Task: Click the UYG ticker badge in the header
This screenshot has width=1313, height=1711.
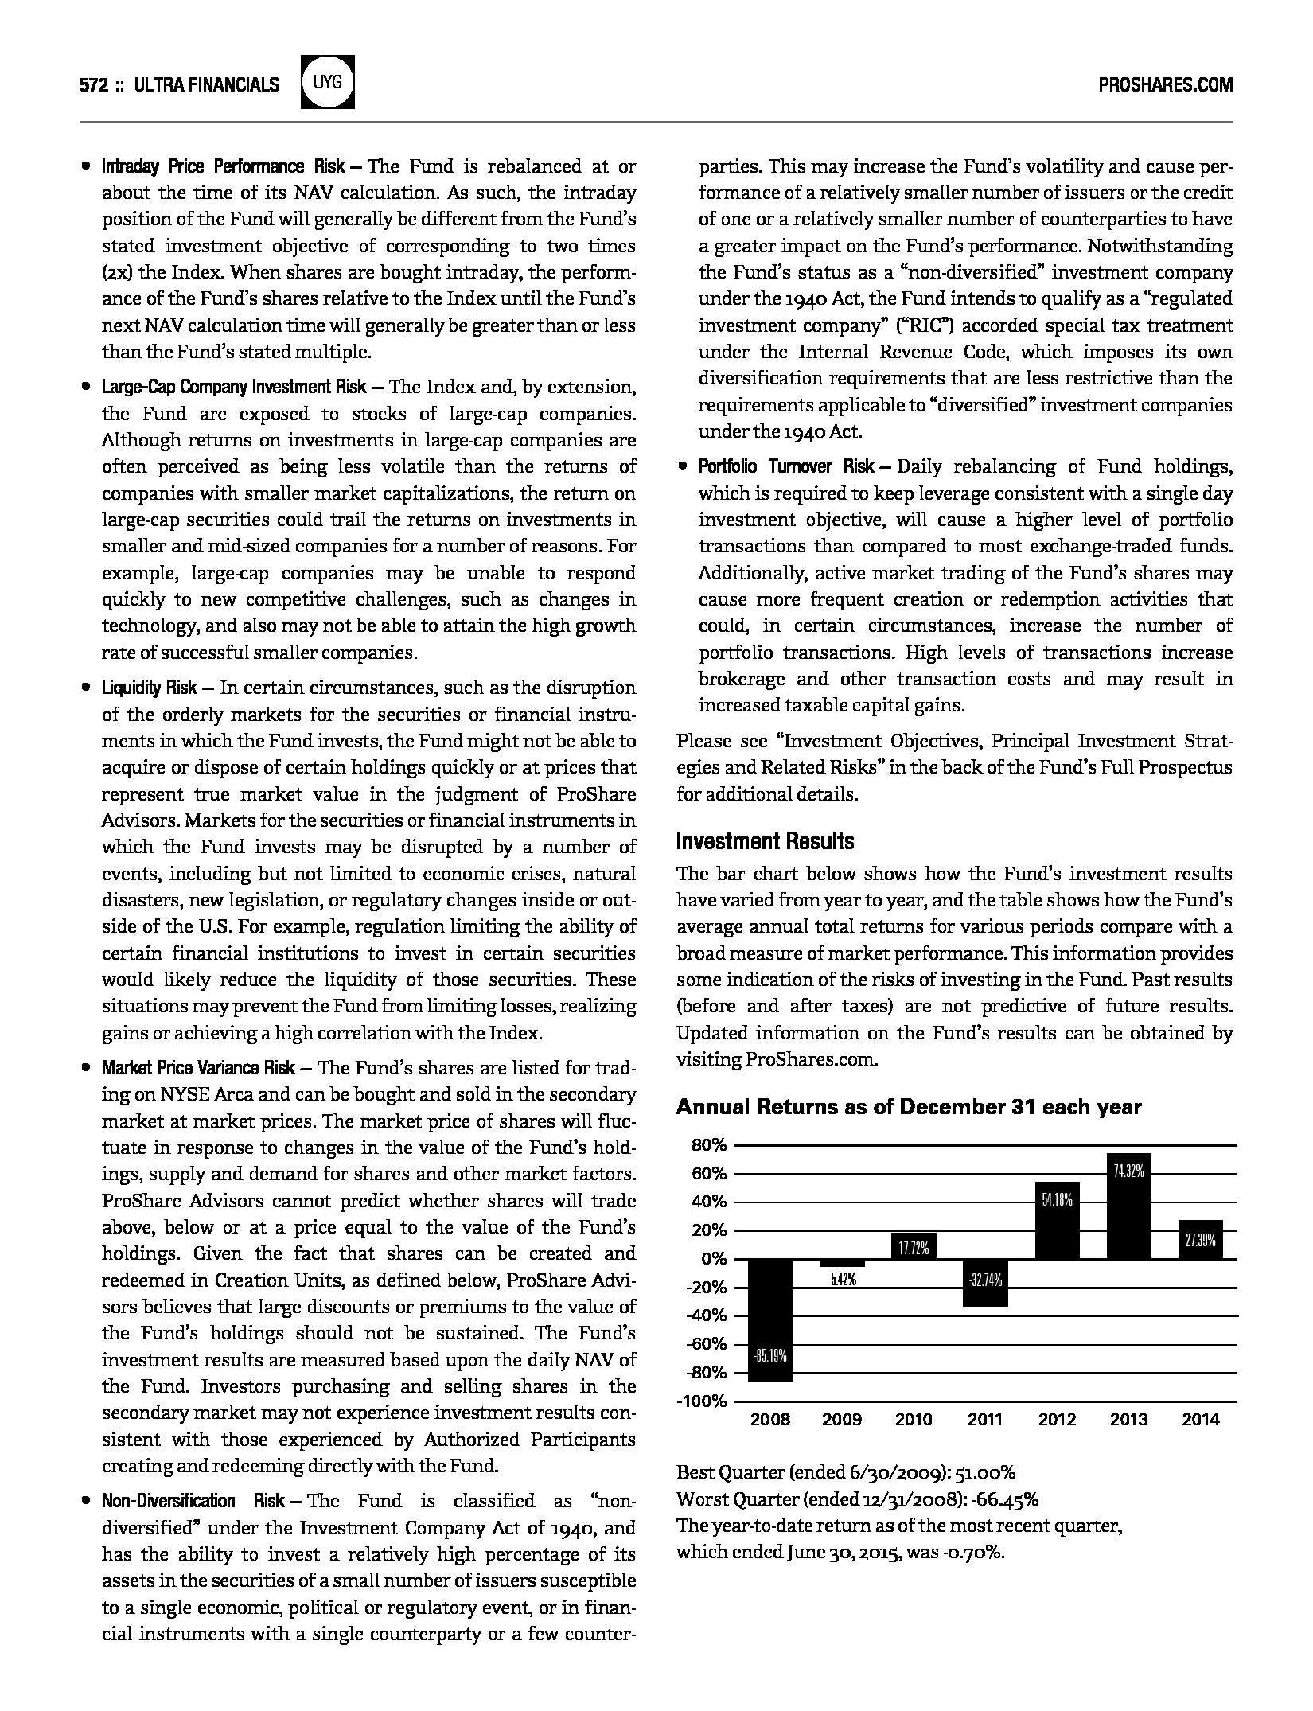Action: point(328,82)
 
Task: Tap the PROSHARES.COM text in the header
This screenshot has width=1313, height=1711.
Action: point(1165,85)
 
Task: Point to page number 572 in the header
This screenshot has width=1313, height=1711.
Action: point(93,85)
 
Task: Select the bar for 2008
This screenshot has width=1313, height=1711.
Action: point(770,1319)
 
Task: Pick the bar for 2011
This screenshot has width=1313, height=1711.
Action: point(985,1282)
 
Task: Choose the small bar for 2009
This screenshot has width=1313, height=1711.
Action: point(842,1263)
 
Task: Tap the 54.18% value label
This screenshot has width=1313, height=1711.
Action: point(1057,1200)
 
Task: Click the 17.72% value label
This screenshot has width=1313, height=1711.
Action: point(914,1249)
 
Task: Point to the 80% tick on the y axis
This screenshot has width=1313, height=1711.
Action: point(710,1145)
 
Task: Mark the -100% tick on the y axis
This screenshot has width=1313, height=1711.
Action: point(703,1401)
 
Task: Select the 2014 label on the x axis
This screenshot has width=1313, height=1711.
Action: point(1200,1420)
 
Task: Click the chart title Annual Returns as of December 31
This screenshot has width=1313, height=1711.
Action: point(909,1107)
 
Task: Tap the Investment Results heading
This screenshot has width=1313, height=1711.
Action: point(765,841)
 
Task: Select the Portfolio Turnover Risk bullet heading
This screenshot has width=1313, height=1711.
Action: point(786,466)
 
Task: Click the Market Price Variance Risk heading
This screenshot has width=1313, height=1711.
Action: point(198,1068)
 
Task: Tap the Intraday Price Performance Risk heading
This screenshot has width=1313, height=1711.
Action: point(223,166)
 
